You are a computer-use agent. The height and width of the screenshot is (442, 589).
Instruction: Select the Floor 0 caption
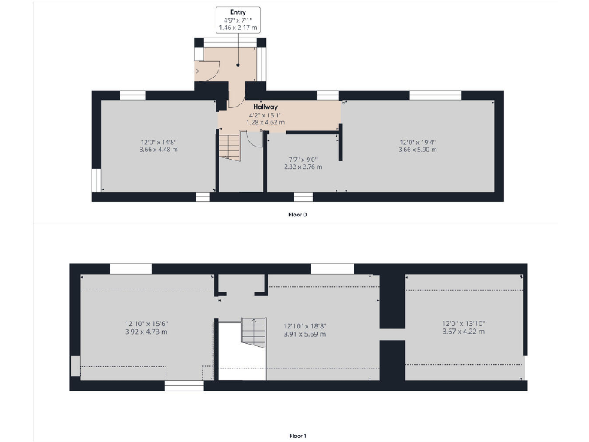[298, 215]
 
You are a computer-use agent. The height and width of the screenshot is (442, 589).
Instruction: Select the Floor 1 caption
[298, 436]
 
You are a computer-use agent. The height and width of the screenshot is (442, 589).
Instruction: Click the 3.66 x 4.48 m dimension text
[159, 150]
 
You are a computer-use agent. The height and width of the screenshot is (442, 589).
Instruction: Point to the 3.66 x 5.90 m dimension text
[418, 150]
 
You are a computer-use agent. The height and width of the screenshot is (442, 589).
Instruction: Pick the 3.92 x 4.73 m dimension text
[146, 331]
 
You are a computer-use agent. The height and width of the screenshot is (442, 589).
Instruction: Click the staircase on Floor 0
[230, 145]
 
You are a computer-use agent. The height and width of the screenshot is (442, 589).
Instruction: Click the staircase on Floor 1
[252, 331]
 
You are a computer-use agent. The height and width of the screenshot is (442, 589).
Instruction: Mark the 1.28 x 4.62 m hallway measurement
[265, 122]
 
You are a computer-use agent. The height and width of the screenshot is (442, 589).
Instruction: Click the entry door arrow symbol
[197, 72]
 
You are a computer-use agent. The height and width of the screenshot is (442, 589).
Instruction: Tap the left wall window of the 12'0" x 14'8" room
[97, 180]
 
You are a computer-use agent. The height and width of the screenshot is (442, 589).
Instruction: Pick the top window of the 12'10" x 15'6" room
[131, 269]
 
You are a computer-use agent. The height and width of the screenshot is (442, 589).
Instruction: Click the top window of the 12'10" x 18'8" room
[331, 269]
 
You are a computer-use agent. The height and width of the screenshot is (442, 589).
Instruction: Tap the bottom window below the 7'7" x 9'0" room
[303, 197]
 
